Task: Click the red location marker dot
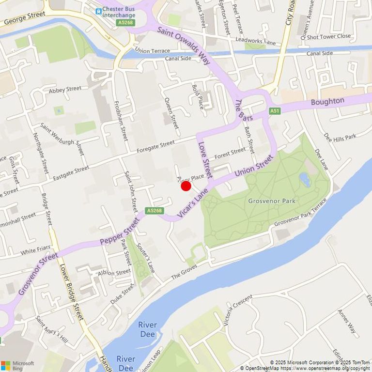tap(186, 186)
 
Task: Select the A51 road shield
tap(275, 111)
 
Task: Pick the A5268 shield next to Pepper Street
tap(154, 211)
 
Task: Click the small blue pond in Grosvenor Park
tap(305, 180)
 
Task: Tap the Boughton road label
tap(327, 102)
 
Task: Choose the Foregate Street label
tap(155, 144)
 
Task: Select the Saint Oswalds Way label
tap(184, 46)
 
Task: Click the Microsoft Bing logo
tap(17, 365)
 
